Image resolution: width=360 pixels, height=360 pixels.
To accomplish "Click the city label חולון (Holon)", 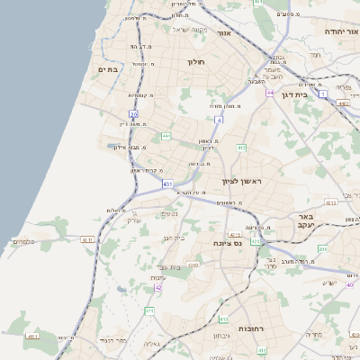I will (x=196, y=62).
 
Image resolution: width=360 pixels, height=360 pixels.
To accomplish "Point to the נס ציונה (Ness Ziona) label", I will (x=227, y=244).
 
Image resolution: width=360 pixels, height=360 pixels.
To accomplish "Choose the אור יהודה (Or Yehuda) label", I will (x=341, y=31).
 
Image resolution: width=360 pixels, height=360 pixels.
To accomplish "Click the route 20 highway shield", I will (x=133, y=114).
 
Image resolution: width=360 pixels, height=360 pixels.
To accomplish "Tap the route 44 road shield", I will (x=269, y=93).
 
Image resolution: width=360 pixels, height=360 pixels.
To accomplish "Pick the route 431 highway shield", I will (x=167, y=184).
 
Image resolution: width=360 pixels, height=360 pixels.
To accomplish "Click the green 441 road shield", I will (x=166, y=136).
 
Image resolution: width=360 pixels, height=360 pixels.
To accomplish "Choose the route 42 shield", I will (x=158, y=287).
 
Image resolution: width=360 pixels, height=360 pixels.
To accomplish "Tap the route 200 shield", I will (x=323, y=247).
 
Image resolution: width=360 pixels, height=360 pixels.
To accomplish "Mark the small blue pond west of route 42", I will (x=121, y=290).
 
